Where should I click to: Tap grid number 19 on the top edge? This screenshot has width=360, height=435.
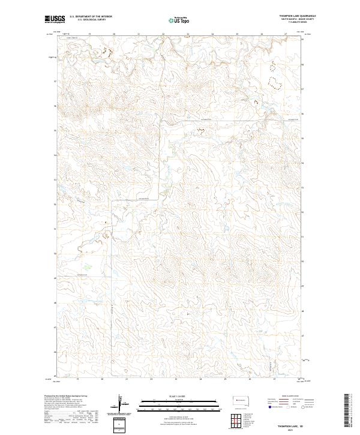[89, 34]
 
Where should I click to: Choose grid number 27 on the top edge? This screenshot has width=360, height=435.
[287, 34]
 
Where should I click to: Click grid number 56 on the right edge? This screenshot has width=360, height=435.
[302, 106]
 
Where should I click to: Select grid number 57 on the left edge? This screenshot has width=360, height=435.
[56, 82]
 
